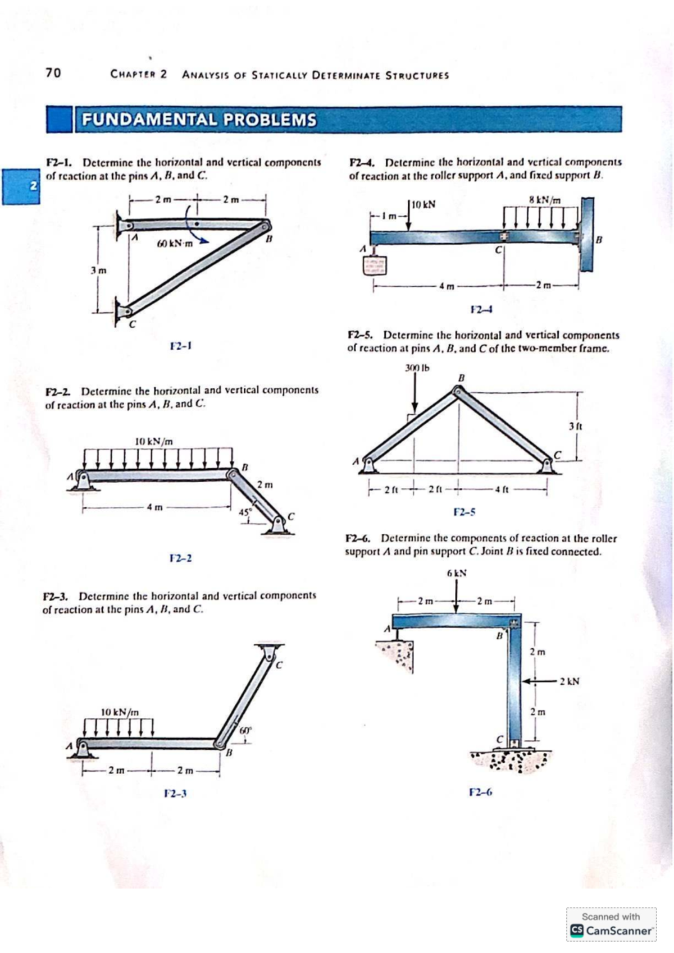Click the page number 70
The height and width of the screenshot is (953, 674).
(53, 73)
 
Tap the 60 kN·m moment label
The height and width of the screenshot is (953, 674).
(174, 244)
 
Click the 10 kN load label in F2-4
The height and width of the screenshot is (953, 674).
(423, 205)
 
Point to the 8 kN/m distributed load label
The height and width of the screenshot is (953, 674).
(545, 199)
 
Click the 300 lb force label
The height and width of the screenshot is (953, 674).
(416, 369)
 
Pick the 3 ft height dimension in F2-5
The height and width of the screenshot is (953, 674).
(575, 426)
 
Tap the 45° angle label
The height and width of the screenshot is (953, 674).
(244, 512)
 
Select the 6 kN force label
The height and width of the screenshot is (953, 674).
(457, 574)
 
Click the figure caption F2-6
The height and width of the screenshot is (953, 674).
(480, 792)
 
